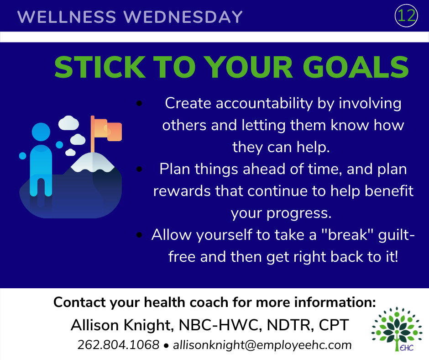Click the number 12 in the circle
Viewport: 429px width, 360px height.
(406, 16)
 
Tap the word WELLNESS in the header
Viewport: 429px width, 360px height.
(67, 17)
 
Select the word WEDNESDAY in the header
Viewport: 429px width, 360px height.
(183, 17)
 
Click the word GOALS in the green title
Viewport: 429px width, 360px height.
(356, 68)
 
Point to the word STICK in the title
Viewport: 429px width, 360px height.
(100, 68)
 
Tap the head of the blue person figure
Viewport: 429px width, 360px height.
(41, 132)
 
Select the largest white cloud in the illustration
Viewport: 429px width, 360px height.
(68, 123)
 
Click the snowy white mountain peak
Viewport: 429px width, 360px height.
(93, 162)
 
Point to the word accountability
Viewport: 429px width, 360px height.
(264, 104)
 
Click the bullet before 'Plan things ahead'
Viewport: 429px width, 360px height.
(139, 169)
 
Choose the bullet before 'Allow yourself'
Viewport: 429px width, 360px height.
(139, 235)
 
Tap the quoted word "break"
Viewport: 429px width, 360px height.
(347, 235)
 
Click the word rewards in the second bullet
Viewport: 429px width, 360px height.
(182, 191)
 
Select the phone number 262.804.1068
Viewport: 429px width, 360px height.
(118, 344)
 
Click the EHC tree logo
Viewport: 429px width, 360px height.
(397, 329)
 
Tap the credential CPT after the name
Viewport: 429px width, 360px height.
(334, 325)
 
